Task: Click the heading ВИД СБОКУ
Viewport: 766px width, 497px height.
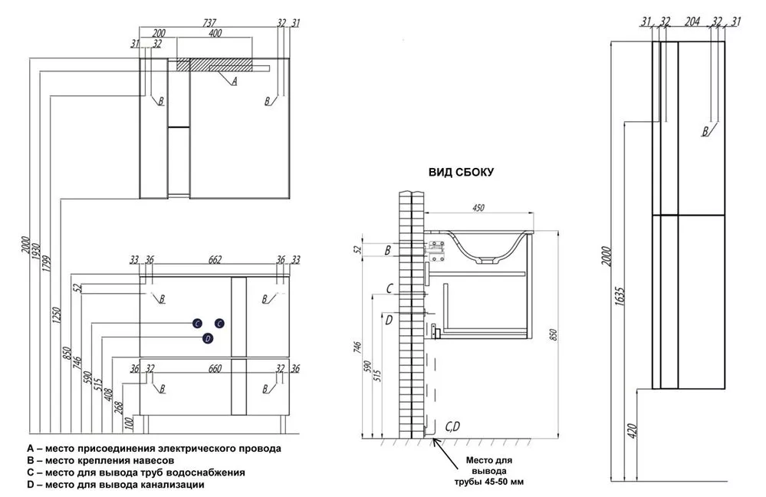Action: coord(461,173)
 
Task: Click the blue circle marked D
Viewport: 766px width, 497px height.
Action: coord(207,338)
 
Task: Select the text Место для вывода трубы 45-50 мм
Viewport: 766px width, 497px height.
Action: coord(491,471)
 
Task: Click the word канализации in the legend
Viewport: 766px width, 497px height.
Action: coord(172,485)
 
